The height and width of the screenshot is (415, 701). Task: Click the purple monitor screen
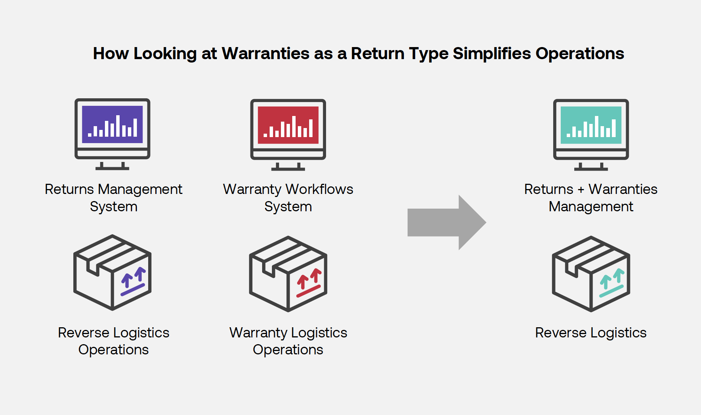112,124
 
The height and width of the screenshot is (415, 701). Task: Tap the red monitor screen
288,125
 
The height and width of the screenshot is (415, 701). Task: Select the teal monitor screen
591,125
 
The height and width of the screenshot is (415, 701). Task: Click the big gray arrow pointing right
446,222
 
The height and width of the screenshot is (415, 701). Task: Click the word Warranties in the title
265,53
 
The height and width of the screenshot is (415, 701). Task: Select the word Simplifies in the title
492,53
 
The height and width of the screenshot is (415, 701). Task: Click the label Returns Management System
113,197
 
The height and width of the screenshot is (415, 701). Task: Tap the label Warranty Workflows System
288,197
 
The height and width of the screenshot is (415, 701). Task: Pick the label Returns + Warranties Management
591,197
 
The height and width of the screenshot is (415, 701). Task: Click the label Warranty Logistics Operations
288,341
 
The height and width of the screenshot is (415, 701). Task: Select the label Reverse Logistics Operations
113,341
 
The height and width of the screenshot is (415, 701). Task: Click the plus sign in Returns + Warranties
581,190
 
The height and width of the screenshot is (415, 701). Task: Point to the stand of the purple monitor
112,166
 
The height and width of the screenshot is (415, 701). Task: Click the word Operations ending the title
580,53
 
